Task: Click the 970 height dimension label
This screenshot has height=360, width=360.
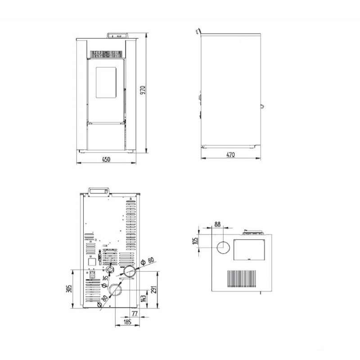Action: [x=143, y=90]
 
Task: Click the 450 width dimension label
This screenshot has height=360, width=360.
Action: [x=106, y=159]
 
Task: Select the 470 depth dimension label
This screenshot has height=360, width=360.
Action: [x=230, y=155]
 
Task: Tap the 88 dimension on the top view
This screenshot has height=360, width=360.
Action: [x=217, y=224]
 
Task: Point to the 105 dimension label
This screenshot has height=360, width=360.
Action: [x=195, y=241]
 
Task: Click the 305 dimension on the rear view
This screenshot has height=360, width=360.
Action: [x=69, y=288]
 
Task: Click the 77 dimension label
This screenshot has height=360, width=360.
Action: [x=135, y=313]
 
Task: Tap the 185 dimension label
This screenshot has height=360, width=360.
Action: [x=127, y=322]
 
